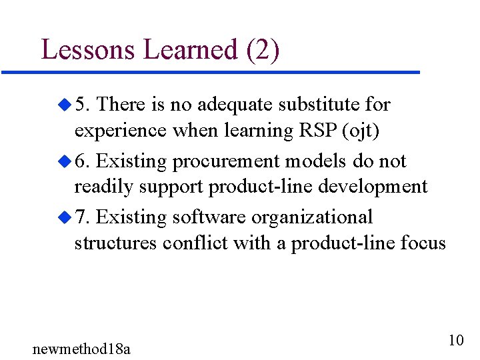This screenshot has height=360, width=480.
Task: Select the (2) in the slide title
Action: pos(263,50)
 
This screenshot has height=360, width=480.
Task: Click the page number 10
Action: pos(456,340)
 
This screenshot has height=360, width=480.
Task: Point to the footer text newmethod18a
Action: pos(81,348)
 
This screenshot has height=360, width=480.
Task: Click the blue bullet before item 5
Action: pos(64,104)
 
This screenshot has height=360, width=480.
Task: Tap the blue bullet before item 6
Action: pos(64,161)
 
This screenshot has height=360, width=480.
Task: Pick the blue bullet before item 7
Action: pos(64,217)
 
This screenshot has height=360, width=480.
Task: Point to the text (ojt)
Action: pos(361,131)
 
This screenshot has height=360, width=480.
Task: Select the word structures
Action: pos(115,243)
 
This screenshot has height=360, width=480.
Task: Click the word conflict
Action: pos(197,243)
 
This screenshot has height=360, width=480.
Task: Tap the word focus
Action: pos(423,243)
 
